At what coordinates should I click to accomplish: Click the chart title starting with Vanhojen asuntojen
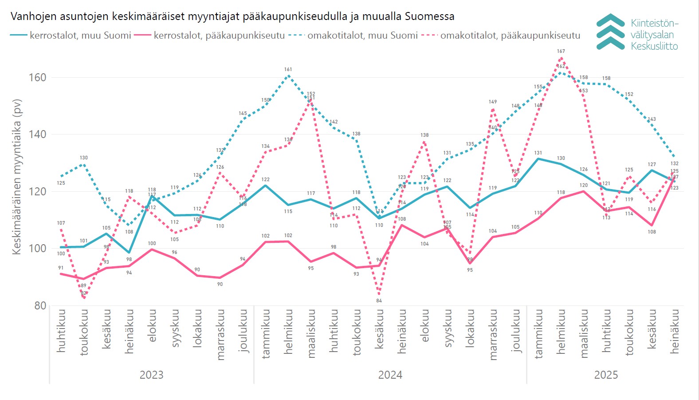pyautogui.click(x=232, y=16)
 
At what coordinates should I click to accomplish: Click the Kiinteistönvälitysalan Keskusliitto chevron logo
pyautogui.click(x=610, y=32)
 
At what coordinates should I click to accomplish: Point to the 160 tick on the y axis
pyautogui.click(x=37, y=78)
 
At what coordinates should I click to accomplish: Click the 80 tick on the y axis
pyautogui.click(x=40, y=305)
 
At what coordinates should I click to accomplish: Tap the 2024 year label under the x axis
pyautogui.click(x=390, y=375)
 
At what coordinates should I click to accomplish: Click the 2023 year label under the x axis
pyautogui.click(x=151, y=375)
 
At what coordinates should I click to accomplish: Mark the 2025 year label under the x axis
pyautogui.click(x=606, y=375)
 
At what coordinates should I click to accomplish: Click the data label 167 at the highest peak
pyautogui.click(x=561, y=51)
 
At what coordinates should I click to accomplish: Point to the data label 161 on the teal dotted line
pyautogui.click(x=288, y=70)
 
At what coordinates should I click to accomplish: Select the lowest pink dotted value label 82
pyautogui.click(x=84, y=293)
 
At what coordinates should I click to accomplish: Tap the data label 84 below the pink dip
pyautogui.click(x=379, y=301)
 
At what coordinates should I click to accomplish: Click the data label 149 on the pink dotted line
pyautogui.click(x=493, y=102)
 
